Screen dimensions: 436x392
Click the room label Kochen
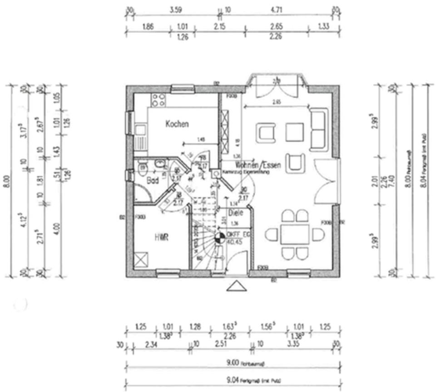pos(177,124)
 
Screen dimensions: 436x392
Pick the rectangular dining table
pos(295,234)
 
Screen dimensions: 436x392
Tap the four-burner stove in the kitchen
pos(159,100)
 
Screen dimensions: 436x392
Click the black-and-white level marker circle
pos(219,237)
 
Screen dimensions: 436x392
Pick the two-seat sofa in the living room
pos(318,129)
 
